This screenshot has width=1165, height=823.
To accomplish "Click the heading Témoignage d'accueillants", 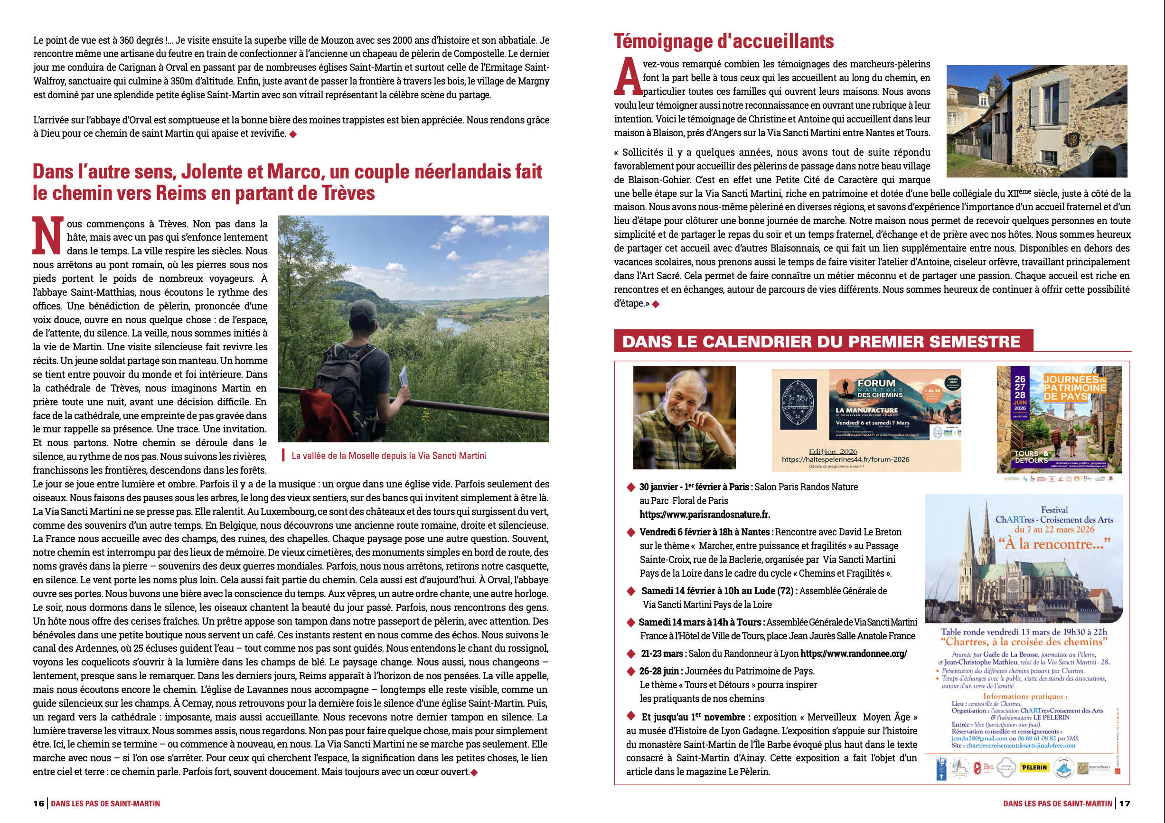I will (x=723, y=42).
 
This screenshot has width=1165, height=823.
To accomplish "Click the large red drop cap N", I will (x=47, y=235).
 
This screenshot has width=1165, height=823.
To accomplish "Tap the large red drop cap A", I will (x=628, y=77).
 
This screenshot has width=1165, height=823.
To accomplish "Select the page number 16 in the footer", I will (x=38, y=803).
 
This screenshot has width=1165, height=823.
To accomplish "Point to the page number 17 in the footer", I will (x=1124, y=803).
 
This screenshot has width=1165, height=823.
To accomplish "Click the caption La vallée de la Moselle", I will (x=388, y=456).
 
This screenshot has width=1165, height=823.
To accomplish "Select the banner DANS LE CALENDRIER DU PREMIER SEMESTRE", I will (x=821, y=341).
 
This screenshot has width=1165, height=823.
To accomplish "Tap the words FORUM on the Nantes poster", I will (x=876, y=383).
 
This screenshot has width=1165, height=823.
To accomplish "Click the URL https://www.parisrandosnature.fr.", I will (x=705, y=514).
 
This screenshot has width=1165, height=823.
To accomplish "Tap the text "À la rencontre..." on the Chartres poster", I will (x=1054, y=544).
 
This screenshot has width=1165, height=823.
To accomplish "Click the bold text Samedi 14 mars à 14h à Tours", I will (x=700, y=622).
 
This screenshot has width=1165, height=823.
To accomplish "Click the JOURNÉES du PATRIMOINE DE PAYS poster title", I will (x=1074, y=388).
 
